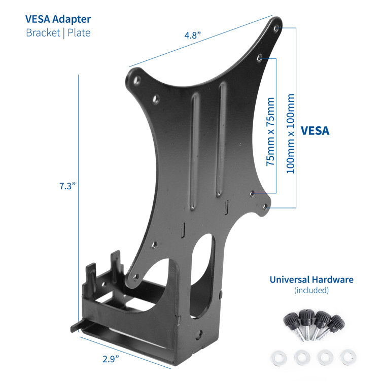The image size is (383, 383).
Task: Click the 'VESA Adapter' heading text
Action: pos(58,19)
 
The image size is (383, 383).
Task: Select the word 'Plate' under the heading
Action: pos(79,32)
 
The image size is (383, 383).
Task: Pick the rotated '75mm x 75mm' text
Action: pos(271,132)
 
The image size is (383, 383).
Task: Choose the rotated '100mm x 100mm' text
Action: pos(290,133)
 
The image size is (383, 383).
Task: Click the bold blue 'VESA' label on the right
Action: pos(315,130)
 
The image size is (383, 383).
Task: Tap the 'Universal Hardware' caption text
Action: pos(311,280)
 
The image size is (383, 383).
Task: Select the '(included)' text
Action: pos(311,291)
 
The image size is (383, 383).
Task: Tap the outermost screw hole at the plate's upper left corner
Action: pos(135,79)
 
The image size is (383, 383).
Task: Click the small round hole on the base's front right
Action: pos(202,335)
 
